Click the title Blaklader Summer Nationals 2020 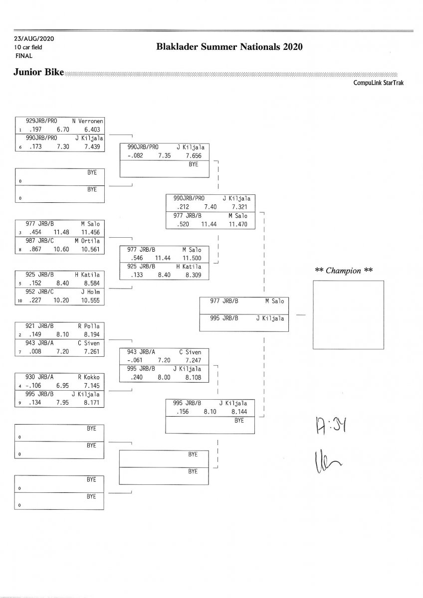pos(229,47)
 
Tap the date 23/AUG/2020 pos(34,39)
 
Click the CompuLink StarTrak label pos(378,83)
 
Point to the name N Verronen pos(87,121)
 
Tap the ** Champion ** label pos(344,271)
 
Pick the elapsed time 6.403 pos(93,129)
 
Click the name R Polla pos(89,326)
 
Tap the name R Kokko pos(89,377)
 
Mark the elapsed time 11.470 pos(238,225)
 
